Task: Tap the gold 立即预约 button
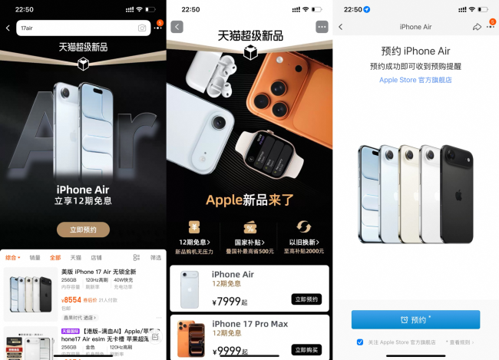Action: (x=83, y=230)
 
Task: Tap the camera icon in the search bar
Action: (x=142, y=28)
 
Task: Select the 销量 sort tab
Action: (x=35, y=258)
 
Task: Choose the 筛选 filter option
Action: (x=156, y=258)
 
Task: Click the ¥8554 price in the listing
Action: (x=71, y=300)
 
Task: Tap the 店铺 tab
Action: (x=97, y=258)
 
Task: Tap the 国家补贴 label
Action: (x=249, y=242)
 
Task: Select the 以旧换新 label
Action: (x=303, y=242)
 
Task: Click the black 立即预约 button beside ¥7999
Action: (x=306, y=299)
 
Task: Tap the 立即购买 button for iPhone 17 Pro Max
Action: (x=306, y=349)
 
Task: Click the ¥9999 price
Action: (x=228, y=350)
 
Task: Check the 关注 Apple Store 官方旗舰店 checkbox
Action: (x=360, y=342)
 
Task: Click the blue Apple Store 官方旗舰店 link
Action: (x=415, y=80)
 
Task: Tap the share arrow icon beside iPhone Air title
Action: (x=477, y=27)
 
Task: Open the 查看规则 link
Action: (x=460, y=342)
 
